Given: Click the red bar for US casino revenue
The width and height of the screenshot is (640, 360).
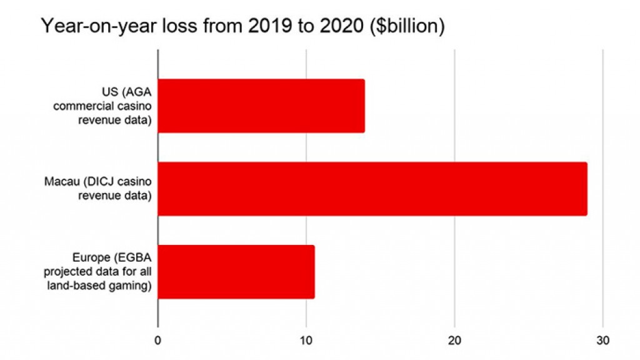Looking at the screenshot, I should (261, 106).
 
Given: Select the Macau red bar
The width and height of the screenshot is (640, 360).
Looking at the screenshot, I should (372, 189).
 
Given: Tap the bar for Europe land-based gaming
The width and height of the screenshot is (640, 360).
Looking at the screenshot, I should (236, 272).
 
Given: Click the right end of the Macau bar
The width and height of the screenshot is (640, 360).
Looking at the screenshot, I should (585, 189).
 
